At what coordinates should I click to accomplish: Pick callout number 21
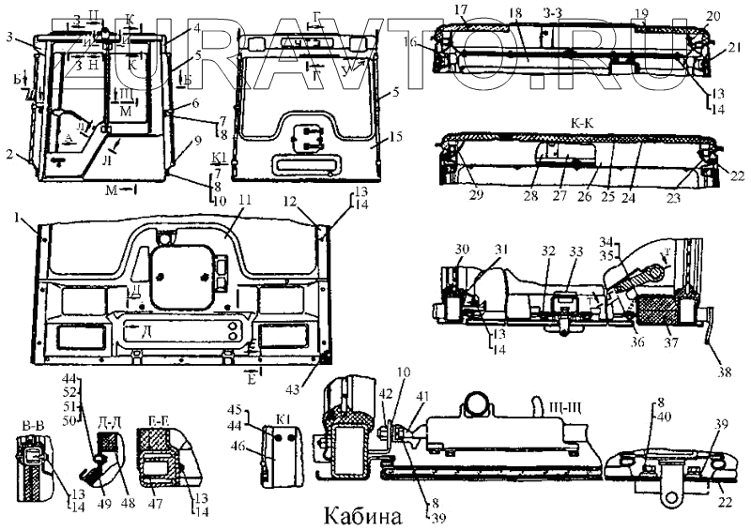(735, 46)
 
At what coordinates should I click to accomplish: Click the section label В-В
(32, 426)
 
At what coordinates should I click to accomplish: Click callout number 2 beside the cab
(10, 154)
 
